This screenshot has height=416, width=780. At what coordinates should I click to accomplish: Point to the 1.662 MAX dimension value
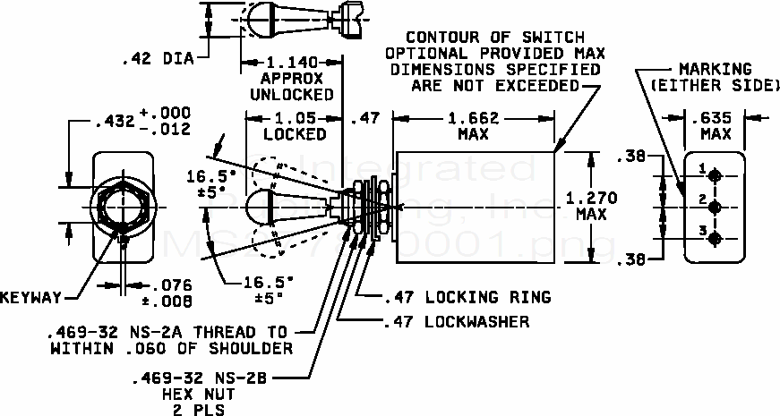coord(474,119)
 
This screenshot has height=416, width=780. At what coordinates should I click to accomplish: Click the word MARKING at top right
coord(714,69)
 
